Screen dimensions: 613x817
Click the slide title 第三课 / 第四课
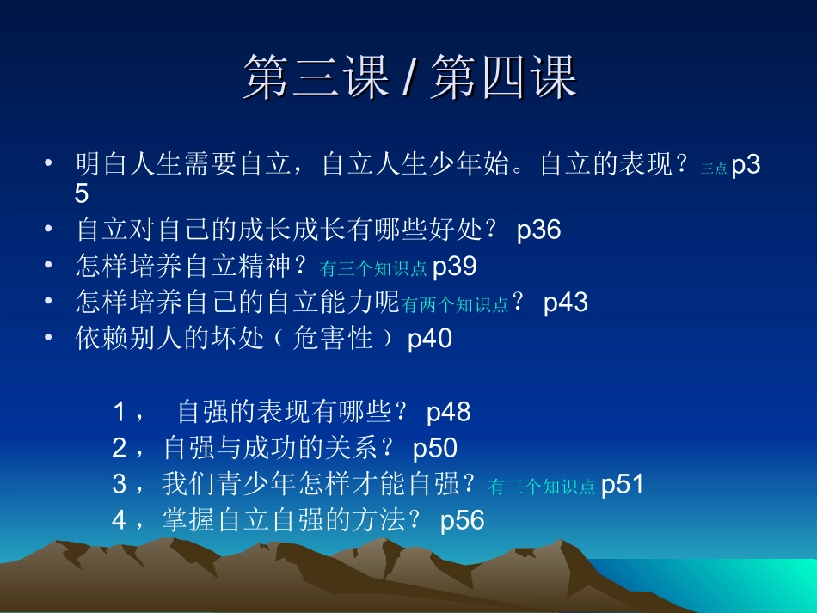(x=409, y=77)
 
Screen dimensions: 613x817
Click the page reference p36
(x=538, y=230)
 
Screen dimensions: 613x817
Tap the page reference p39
(x=454, y=267)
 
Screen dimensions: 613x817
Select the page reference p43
(x=566, y=303)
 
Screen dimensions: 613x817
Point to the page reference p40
(x=429, y=339)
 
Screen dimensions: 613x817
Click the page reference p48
(x=449, y=413)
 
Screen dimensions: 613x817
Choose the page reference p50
(x=435, y=449)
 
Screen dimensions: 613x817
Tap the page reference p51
(x=622, y=485)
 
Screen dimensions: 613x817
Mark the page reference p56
(x=463, y=521)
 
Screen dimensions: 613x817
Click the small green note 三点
(x=714, y=169)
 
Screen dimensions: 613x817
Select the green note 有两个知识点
(x=456, y=305)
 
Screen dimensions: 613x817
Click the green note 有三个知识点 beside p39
(x=372, y=269)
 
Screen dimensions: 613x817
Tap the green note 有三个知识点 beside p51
(x=542, y=487)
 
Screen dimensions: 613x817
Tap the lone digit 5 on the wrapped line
(x=82, y=193)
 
